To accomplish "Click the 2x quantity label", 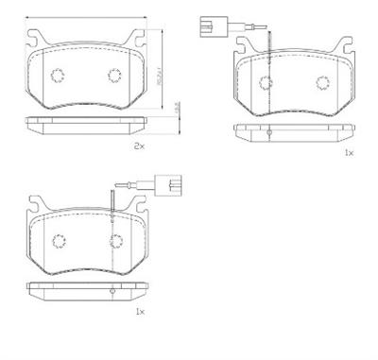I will (139, 146).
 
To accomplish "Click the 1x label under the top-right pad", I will (348, 151).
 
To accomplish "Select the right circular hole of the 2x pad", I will (114, 77).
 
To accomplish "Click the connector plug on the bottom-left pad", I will (171, 180).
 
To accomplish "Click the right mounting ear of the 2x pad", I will (138, 41).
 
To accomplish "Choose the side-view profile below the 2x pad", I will (85, 121).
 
